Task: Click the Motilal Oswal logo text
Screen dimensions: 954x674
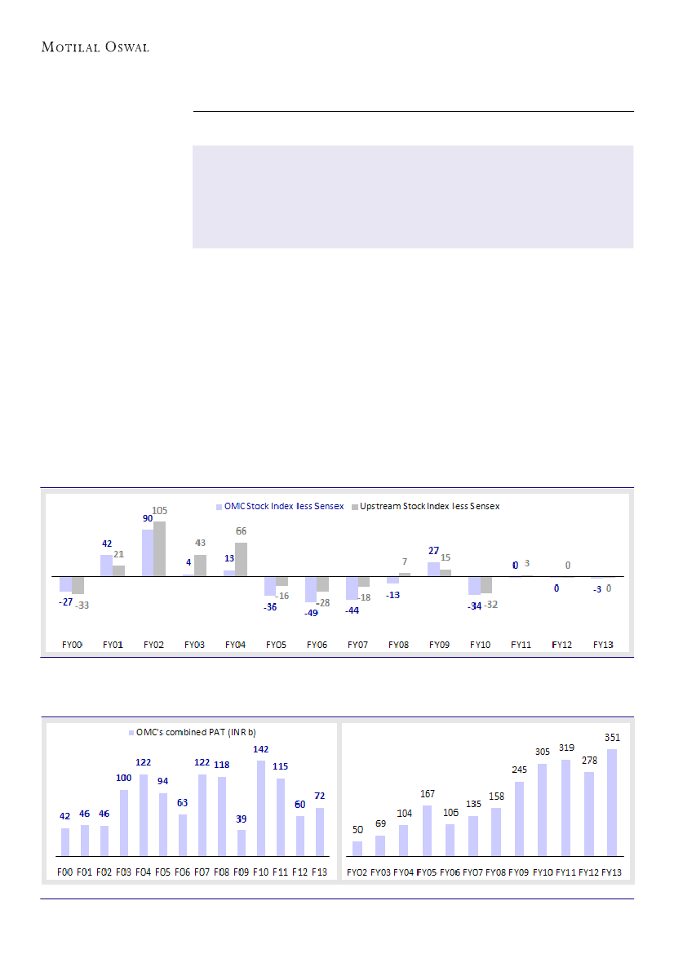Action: coord(95,47)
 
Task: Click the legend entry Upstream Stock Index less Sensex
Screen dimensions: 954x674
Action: coord(424,506)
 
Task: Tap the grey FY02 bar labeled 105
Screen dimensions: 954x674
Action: coord(159,548)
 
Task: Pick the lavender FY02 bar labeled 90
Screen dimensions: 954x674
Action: coord(148,552)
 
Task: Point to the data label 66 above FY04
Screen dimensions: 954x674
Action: coord(241,531)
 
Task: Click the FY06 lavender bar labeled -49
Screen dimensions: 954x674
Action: coord(311,588)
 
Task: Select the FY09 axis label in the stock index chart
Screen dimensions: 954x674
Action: coord(439,645)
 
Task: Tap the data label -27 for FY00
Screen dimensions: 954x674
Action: coord(66,601)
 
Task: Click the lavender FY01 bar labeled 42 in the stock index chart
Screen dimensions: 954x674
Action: coord(106,566)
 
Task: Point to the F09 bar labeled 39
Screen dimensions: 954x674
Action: coord(242,842)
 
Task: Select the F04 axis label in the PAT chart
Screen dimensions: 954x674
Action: coord(144,872)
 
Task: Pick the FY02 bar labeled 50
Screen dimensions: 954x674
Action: coord(357,849)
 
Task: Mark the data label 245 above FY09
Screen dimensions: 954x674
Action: coord(519,770)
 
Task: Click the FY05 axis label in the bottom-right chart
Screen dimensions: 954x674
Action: coord(427,872)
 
